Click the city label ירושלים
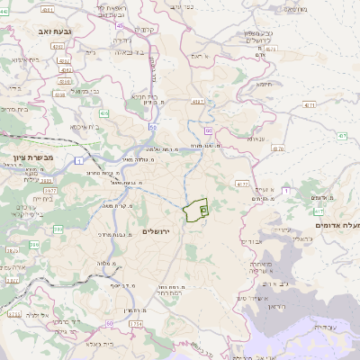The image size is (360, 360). (163, 231)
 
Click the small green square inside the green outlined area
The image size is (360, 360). (203, 210)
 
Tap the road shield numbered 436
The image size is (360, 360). (104, 113)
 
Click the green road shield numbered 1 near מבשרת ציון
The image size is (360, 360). (78, 160)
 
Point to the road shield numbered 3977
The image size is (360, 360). (50, 191)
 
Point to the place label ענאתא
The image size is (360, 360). (255, 139)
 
